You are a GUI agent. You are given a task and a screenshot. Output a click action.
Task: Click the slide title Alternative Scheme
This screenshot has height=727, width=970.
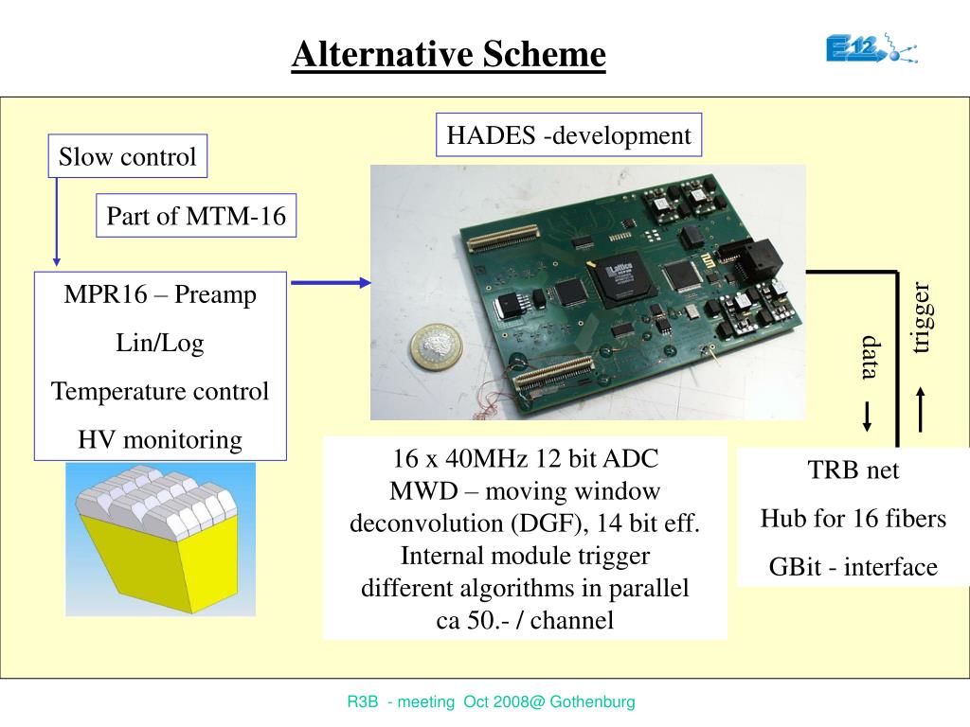point(448,54)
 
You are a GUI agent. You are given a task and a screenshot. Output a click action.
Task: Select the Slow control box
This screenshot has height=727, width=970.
point(127,156)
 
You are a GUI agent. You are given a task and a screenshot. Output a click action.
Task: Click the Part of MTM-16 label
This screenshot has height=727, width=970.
point(196,216)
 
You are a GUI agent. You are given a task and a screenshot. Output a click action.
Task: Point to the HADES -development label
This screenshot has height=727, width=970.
point(568,135)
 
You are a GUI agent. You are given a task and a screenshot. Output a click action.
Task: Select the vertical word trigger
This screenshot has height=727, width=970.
point(922,318)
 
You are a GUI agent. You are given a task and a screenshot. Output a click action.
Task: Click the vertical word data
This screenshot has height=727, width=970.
point(869,357)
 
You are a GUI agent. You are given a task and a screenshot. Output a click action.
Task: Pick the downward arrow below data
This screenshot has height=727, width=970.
point(867,417)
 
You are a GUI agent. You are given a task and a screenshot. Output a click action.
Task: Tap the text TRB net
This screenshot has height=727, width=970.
point(853,470)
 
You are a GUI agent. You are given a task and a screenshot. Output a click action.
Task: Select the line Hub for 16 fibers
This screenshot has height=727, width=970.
point(853,519)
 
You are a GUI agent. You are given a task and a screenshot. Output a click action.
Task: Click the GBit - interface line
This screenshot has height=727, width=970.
point(853,567)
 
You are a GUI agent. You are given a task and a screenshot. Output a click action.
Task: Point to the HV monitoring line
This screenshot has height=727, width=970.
point(160,439)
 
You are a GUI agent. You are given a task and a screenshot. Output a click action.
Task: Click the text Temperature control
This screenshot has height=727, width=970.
point(160,391)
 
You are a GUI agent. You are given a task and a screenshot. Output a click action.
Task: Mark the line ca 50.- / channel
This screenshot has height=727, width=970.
point(525,620)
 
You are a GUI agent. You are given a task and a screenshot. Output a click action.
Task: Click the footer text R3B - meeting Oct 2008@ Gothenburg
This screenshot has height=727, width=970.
point(491,702)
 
